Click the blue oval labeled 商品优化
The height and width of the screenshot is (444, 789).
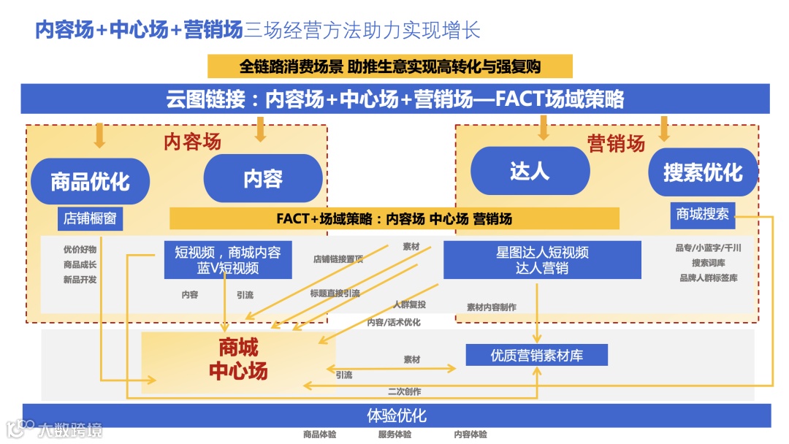pyautogui.click(x=91, y=181)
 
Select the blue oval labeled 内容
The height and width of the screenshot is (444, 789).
pyautogui.click(x=263, y=178)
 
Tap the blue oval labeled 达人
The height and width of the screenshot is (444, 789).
pyautogui.click(x=530, y=171)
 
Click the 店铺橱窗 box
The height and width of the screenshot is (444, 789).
pyautogui.click(x=90, y=218)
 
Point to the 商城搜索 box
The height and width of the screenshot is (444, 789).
pyautogui.click(x=703, y=214)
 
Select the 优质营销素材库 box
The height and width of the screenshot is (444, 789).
pyautogui.click(x=537, y=356)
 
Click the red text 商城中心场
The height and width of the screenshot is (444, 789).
pyautogui.click(x=238, y=359)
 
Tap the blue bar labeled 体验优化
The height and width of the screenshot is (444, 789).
pyautogui.click(x=397, y=416)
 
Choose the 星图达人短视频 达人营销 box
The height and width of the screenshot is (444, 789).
pyautogui.click(x=542, y=260)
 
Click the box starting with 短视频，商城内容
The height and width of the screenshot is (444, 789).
pyautogui.click(x=228, y=260)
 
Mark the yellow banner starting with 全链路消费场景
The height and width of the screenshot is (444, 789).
pyautogui.click(x=389, y=66)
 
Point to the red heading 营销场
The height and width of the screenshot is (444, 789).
pyautogui.click(x=617, y=143)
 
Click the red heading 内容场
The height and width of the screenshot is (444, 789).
pyautogui.click(x=191, y=141)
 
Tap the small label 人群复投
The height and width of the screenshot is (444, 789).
pyautogui.click(x=409, y=305)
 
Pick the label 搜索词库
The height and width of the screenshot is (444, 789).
pyautogui.click(x=709, y=263)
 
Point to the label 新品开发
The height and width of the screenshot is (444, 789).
pyautogui.click(x=80, y=279)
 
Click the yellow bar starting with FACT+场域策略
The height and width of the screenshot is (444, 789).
pyautogui.click(x=394, y=218)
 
